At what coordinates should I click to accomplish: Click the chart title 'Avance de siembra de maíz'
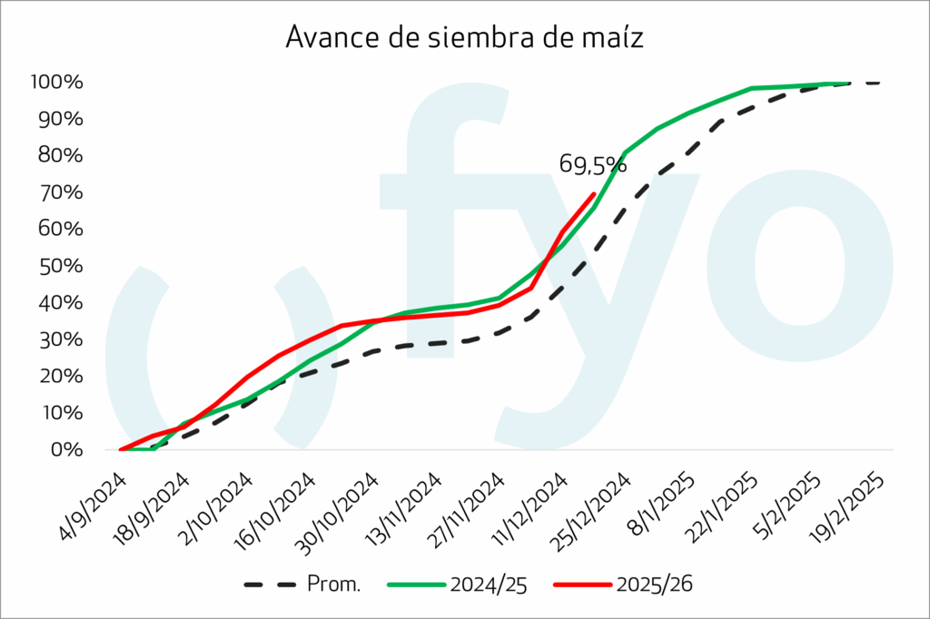click(x=465, y=38)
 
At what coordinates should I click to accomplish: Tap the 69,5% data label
click(x=592, y=165)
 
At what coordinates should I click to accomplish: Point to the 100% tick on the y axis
click(x=56, y=83)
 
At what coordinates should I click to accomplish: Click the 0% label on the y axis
click(x=67, y=449)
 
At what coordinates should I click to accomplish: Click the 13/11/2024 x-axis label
click(x=402, y=506)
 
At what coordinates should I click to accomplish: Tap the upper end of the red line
click(x=594, y=193)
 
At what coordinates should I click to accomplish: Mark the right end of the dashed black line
click(x=879, y=83)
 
